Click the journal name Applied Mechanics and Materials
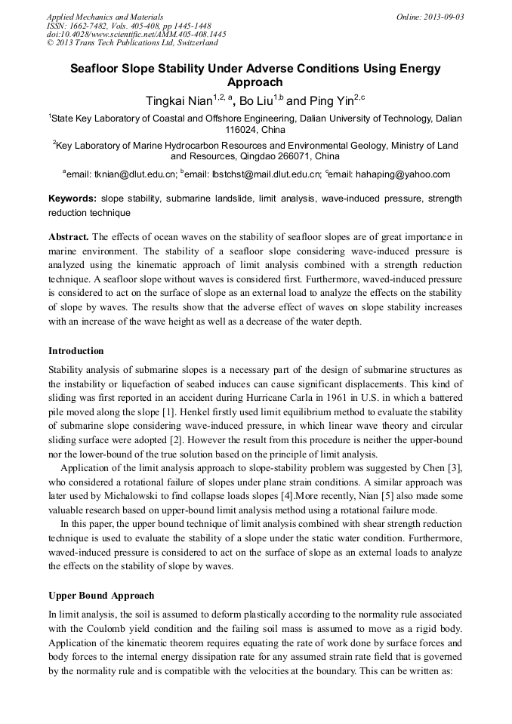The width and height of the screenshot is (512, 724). (x=104, y=17)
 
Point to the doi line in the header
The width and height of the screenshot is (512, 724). (x=136, y=34)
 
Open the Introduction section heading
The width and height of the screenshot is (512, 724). (x=76, y=351)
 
